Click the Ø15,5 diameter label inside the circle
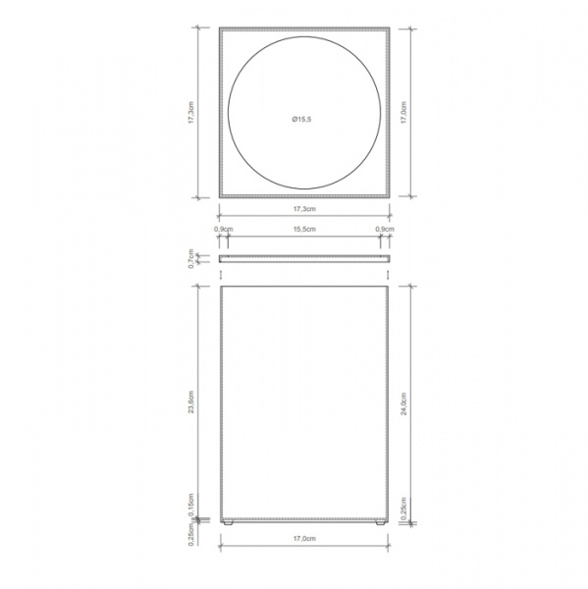[301, 119]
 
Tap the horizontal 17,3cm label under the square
[303, 210]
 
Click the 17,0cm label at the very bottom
[303, 539]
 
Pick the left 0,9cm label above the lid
[223, 229]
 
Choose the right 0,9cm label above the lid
[385, 229]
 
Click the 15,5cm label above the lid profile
[303, 229]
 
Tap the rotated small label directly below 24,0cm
[405, 509]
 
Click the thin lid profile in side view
[303, 257]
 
